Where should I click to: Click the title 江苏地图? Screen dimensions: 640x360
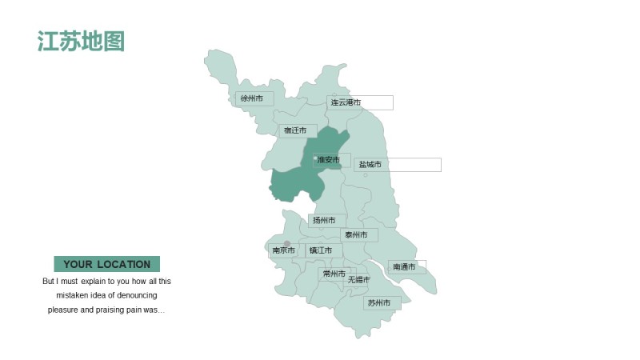coord(81,42)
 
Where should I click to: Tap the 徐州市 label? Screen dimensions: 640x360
coord(252,98)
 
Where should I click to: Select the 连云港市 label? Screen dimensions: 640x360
coord(345,102)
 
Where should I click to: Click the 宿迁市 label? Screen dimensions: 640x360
coord(295,130)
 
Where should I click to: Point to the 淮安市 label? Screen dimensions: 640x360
coord(329,160)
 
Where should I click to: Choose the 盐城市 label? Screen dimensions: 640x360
coord(370,165)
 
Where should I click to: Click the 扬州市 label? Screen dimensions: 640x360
coord(324,220)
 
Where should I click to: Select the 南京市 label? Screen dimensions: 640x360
coord(284,250)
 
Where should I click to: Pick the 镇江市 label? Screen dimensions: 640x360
coord(321,250)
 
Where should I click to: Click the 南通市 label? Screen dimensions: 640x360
coord(405,266)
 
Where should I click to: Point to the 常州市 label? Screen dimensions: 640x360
coord(334,274)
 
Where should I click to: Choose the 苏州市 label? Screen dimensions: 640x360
coord(379,303)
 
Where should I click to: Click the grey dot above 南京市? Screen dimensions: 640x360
coord(287,243)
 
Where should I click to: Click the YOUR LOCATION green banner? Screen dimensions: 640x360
coord(106,264)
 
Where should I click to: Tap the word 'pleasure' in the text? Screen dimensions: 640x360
coord(65,310)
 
